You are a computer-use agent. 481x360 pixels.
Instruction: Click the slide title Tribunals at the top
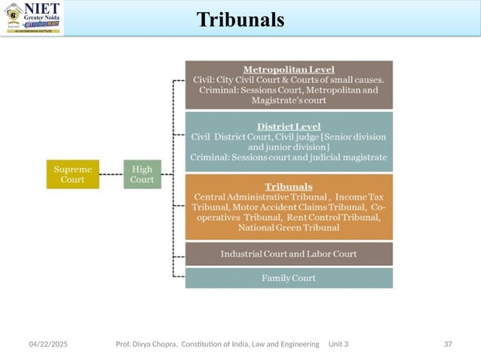(240, 20)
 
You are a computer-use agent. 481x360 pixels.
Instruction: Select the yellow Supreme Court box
(72, 174)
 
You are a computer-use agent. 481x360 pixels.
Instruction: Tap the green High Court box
(142, 174)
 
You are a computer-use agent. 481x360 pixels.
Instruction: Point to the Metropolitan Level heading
(289, 69)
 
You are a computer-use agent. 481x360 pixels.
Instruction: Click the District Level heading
(289, 126)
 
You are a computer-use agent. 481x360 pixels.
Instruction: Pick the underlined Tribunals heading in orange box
(289, 185)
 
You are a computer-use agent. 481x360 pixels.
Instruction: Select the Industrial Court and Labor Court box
(289, 253)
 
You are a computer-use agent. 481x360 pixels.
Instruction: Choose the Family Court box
(289, 278)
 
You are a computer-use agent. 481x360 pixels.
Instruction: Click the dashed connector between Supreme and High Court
(111, 174)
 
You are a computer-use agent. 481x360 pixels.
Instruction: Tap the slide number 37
(448, 343)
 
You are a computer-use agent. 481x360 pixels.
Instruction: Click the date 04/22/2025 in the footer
(47, 343)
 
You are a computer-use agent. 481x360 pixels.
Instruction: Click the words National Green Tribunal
(289, 227)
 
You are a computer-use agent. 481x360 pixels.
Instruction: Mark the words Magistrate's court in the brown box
(289, 100)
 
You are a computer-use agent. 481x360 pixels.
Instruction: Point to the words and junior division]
(289, 147)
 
